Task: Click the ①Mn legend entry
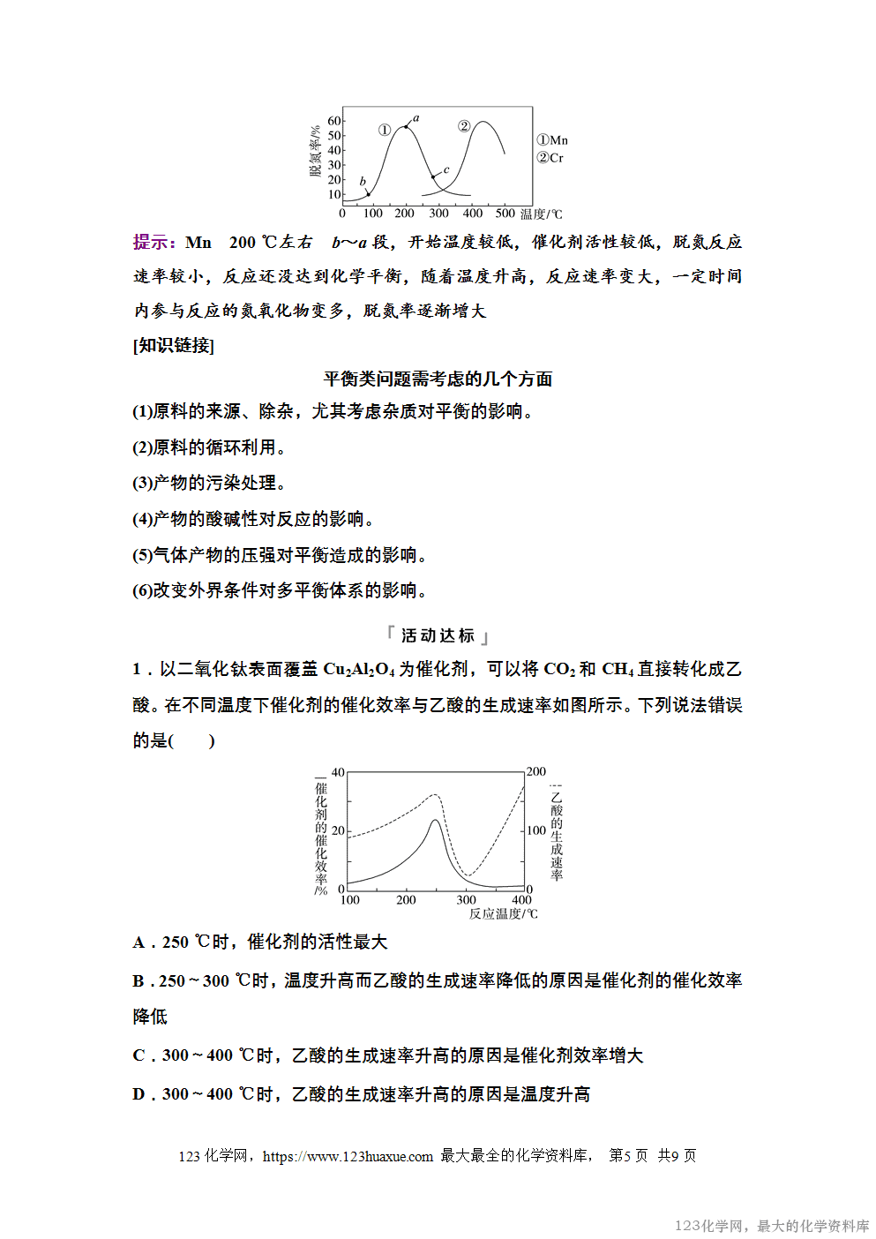552,140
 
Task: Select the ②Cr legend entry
550,158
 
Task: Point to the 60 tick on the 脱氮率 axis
334,121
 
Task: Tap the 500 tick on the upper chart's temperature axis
505,214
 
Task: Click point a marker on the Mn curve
406,127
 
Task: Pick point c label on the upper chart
446,170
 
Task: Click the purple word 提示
153,243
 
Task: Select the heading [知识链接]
173,345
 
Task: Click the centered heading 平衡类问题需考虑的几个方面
438,379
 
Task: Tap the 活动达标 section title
438,635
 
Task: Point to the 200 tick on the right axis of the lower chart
536,772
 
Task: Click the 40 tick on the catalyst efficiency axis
338,773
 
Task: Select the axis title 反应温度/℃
503,914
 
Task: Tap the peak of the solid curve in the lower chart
435,821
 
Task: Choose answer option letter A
139,942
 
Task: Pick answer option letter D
139,1094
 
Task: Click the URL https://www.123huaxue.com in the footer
348,1156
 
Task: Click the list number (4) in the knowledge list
142,520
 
